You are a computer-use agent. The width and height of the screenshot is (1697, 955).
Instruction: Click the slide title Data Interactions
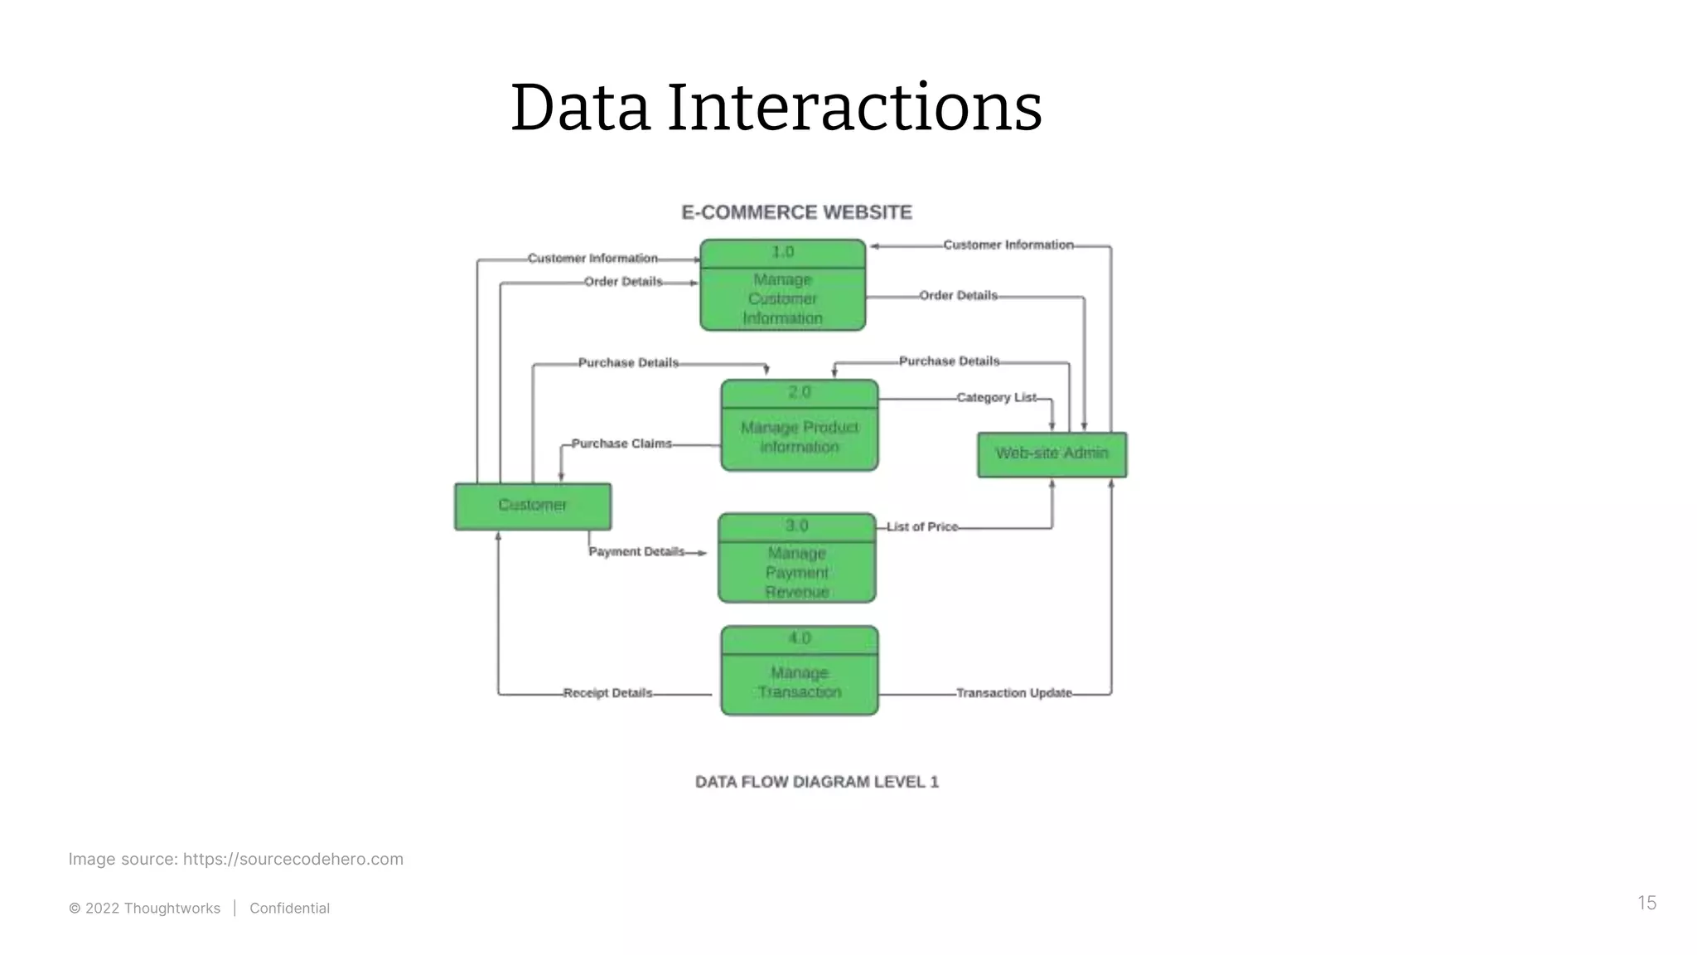tap(776, 108)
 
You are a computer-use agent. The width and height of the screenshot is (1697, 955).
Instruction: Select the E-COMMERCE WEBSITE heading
tap(796, 213)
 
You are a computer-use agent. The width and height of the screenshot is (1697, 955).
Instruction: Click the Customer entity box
tap(533, 506)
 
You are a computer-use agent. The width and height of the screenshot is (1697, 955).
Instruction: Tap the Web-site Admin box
tap(1052, 454)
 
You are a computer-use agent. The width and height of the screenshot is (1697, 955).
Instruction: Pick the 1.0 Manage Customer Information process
tap(782, 286)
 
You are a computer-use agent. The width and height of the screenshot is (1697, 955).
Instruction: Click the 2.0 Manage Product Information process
tap(799, 426)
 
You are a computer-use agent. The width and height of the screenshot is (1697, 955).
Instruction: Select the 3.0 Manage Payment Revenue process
tap(796, 559)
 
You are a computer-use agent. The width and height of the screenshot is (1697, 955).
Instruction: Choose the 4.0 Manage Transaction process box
tap(799, 671)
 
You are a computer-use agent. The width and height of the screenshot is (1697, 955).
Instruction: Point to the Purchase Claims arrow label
tap(621, 444)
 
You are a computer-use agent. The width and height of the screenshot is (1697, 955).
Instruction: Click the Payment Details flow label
tap(636, 551)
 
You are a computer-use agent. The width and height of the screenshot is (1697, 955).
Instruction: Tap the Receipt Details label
tap(607, 693)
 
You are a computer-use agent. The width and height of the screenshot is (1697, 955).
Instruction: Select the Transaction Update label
tap(1013, 693)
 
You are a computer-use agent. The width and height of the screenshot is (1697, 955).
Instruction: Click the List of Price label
tap(921, 526)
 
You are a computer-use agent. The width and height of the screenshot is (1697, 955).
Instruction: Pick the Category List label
tap(996, 397)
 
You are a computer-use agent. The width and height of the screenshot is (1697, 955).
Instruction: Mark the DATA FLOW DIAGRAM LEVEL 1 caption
tap(816, 782)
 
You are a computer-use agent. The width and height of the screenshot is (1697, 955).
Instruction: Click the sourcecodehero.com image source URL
tap(293, 859)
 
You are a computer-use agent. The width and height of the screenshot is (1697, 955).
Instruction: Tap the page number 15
tap(1646, 903)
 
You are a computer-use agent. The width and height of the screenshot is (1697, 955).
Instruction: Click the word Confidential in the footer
tap(289, 909)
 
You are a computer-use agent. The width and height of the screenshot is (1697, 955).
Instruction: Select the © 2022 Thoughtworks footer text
tap(144, 909)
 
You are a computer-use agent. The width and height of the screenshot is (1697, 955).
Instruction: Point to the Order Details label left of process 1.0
tap(623, 282)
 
